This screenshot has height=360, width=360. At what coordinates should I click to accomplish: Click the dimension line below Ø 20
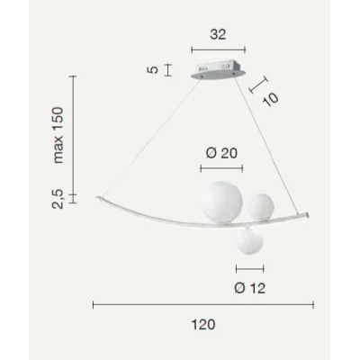(221, 166)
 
